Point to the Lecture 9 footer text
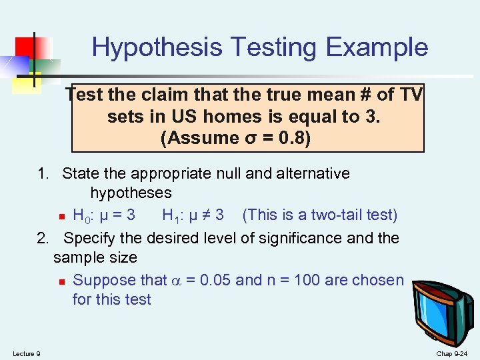26,353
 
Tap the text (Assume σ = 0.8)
235,139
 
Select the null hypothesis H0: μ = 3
103,215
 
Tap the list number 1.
43,174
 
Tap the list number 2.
43,238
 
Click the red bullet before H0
61,217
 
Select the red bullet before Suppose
61,281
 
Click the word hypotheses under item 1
131,193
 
